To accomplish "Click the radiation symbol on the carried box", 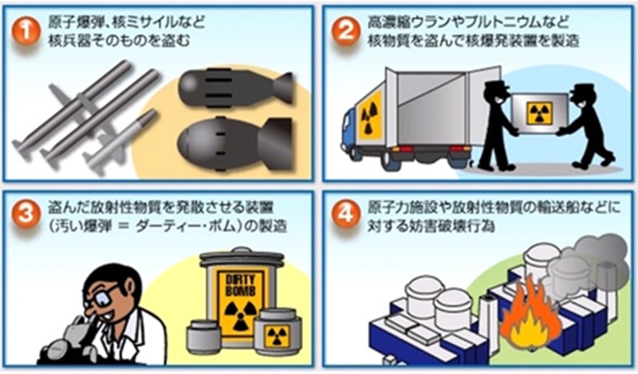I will pos(539,114).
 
